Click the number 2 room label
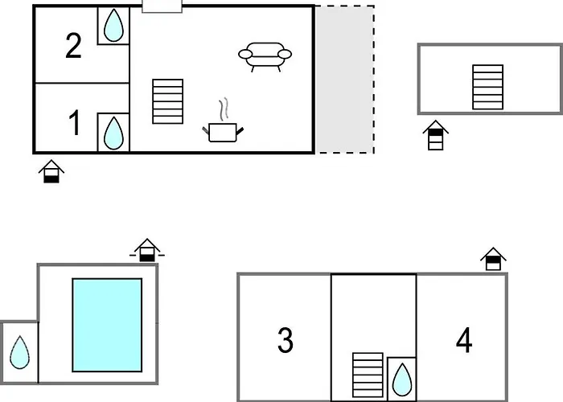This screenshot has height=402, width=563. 73,46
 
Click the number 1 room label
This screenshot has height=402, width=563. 74,123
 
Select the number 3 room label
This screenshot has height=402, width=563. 286,340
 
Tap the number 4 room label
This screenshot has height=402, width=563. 464,339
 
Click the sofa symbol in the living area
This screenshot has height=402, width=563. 265,57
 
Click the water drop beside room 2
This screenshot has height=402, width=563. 113,25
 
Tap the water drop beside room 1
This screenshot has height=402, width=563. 113,133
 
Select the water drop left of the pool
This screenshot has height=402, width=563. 19,352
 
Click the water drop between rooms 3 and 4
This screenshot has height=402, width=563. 402,379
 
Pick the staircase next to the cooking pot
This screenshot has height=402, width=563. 167,101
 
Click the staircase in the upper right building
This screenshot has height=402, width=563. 487,87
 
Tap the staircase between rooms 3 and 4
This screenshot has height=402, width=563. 368,375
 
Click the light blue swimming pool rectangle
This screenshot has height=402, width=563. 107,325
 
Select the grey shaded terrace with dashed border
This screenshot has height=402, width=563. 345,80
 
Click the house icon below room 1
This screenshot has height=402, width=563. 51,171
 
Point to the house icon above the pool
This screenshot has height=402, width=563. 147,250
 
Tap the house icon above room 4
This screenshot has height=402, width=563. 493,259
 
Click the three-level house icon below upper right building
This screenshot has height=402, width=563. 436,135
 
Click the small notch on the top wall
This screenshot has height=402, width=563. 162,6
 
